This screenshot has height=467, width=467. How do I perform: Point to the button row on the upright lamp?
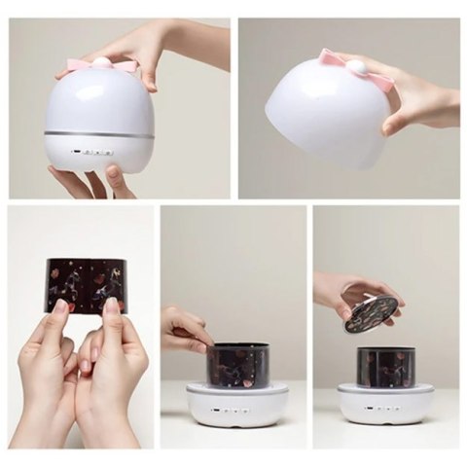coord(93,153)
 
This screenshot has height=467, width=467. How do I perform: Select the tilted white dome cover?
coord(321,112)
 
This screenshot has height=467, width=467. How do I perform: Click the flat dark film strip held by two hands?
coord(86,283)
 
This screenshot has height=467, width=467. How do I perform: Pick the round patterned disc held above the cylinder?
coord(371,313)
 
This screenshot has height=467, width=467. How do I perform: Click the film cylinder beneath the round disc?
coord(384,368)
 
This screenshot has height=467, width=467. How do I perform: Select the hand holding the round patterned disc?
coord(350,289)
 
